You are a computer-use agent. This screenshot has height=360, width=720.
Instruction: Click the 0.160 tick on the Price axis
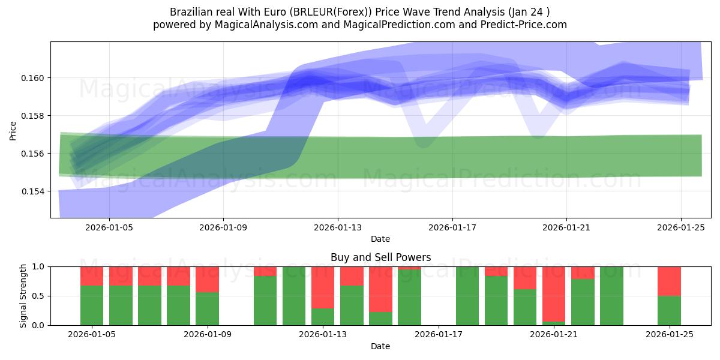pyautogui.click(x=32, y=78)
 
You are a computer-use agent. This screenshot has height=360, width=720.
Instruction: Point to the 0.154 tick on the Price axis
pyautogui.click(x=32, y=191)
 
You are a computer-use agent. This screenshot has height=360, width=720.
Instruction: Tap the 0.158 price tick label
pyautogui.click(x=32, y=116)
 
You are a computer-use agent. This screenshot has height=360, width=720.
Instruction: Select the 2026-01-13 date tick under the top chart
pyautogui.click(x=337, y=227)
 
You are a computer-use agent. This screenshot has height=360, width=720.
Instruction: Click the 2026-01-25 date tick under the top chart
pyautogui.click(x=680, y=227)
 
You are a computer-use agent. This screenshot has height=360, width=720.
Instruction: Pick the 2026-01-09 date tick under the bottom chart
pyautogui.click(x=207, y=335)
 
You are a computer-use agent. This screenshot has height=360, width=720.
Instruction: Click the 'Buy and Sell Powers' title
pyautogui.click(x=380, y=257)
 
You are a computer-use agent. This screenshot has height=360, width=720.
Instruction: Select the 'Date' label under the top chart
pyautogui.click(x=380, y=239)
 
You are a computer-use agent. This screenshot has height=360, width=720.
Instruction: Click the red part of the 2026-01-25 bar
pyautogui.click(x=669, y=281)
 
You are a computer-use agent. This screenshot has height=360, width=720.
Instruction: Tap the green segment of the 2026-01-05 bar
pyautogui.click(x=92, y=305)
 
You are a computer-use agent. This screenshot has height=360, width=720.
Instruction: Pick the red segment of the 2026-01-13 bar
pyautogui.click(x=323, y=287)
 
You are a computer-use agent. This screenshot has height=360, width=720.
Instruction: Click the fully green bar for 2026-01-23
pyautogui.click(x=611, y=296)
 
